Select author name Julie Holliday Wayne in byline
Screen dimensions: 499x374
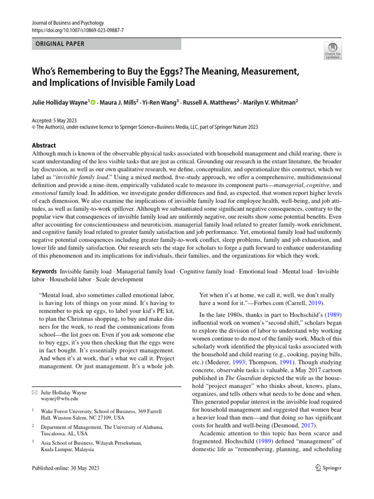pos(59,102)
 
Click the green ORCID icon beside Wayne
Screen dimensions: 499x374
pos(93,102)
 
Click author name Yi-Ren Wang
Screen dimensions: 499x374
pos(158,102)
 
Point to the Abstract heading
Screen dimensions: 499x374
pos(44,145)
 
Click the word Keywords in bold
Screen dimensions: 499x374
pos(44,271)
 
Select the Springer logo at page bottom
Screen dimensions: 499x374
pos(329,468)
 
